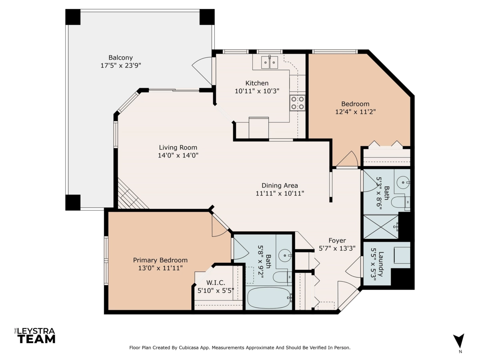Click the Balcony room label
(120, 58)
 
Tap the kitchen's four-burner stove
(298, 103)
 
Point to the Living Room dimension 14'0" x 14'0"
(178, 156)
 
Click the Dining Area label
(280, 186)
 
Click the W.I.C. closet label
(216, 283)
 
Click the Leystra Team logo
(35, 336)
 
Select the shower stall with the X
(381, 227)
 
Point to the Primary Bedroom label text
(160, 260)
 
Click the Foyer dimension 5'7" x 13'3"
(337, 248)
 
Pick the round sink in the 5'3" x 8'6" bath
(403, 182)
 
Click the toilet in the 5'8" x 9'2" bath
(282, 277)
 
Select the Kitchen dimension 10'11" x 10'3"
(257, 91)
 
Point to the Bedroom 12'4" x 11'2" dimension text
(355, 112)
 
